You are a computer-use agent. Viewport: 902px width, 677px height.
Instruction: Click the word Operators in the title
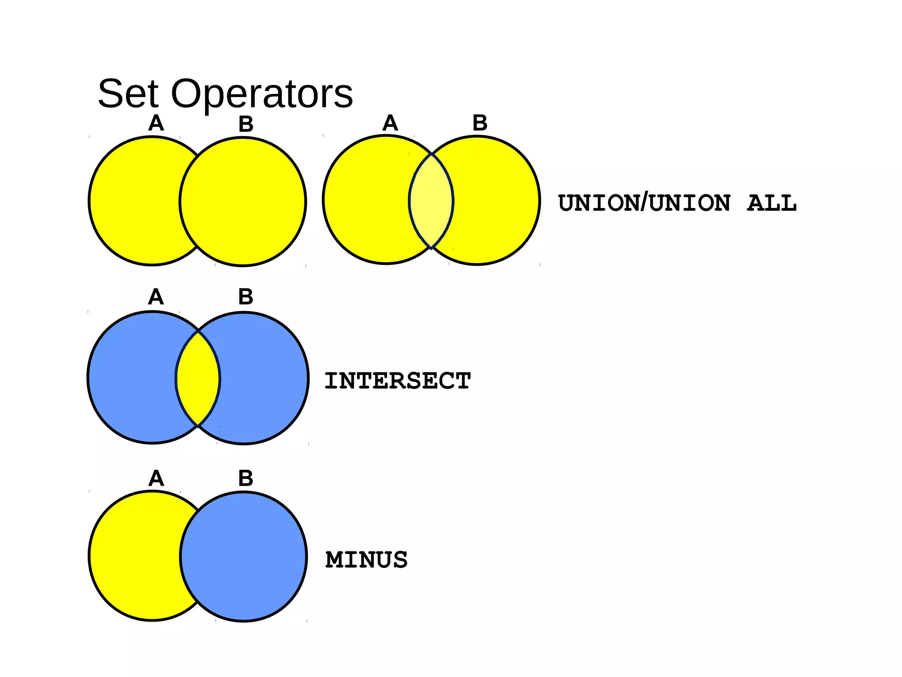[262, 94]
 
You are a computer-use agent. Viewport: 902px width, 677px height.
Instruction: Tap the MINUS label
[366, 560]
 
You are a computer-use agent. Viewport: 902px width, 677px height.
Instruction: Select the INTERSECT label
[397, 381]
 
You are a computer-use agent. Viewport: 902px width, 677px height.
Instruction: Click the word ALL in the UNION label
[772, 203]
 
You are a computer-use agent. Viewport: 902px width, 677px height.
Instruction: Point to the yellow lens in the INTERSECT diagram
[198, 378]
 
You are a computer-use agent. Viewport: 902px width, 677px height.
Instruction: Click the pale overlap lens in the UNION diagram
[431, 201]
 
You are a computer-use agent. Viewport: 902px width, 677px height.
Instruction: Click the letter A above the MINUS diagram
[156, 478]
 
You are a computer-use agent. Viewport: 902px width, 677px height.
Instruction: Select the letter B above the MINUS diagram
[245, 478]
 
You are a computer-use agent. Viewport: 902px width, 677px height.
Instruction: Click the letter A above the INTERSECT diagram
[156, 297]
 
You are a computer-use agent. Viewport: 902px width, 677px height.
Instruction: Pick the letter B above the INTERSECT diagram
[245, 297]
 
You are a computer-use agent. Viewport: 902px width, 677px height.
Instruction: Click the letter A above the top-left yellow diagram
[156, 123]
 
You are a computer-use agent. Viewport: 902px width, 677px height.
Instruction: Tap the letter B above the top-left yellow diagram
[246, 124]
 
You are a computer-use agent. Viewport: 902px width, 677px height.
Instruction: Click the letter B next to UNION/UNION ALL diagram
[480, 123]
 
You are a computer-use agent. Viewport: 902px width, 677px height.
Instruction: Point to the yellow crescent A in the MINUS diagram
[132, 555]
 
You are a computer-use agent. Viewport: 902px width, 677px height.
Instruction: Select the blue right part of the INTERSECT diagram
[264, 378]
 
